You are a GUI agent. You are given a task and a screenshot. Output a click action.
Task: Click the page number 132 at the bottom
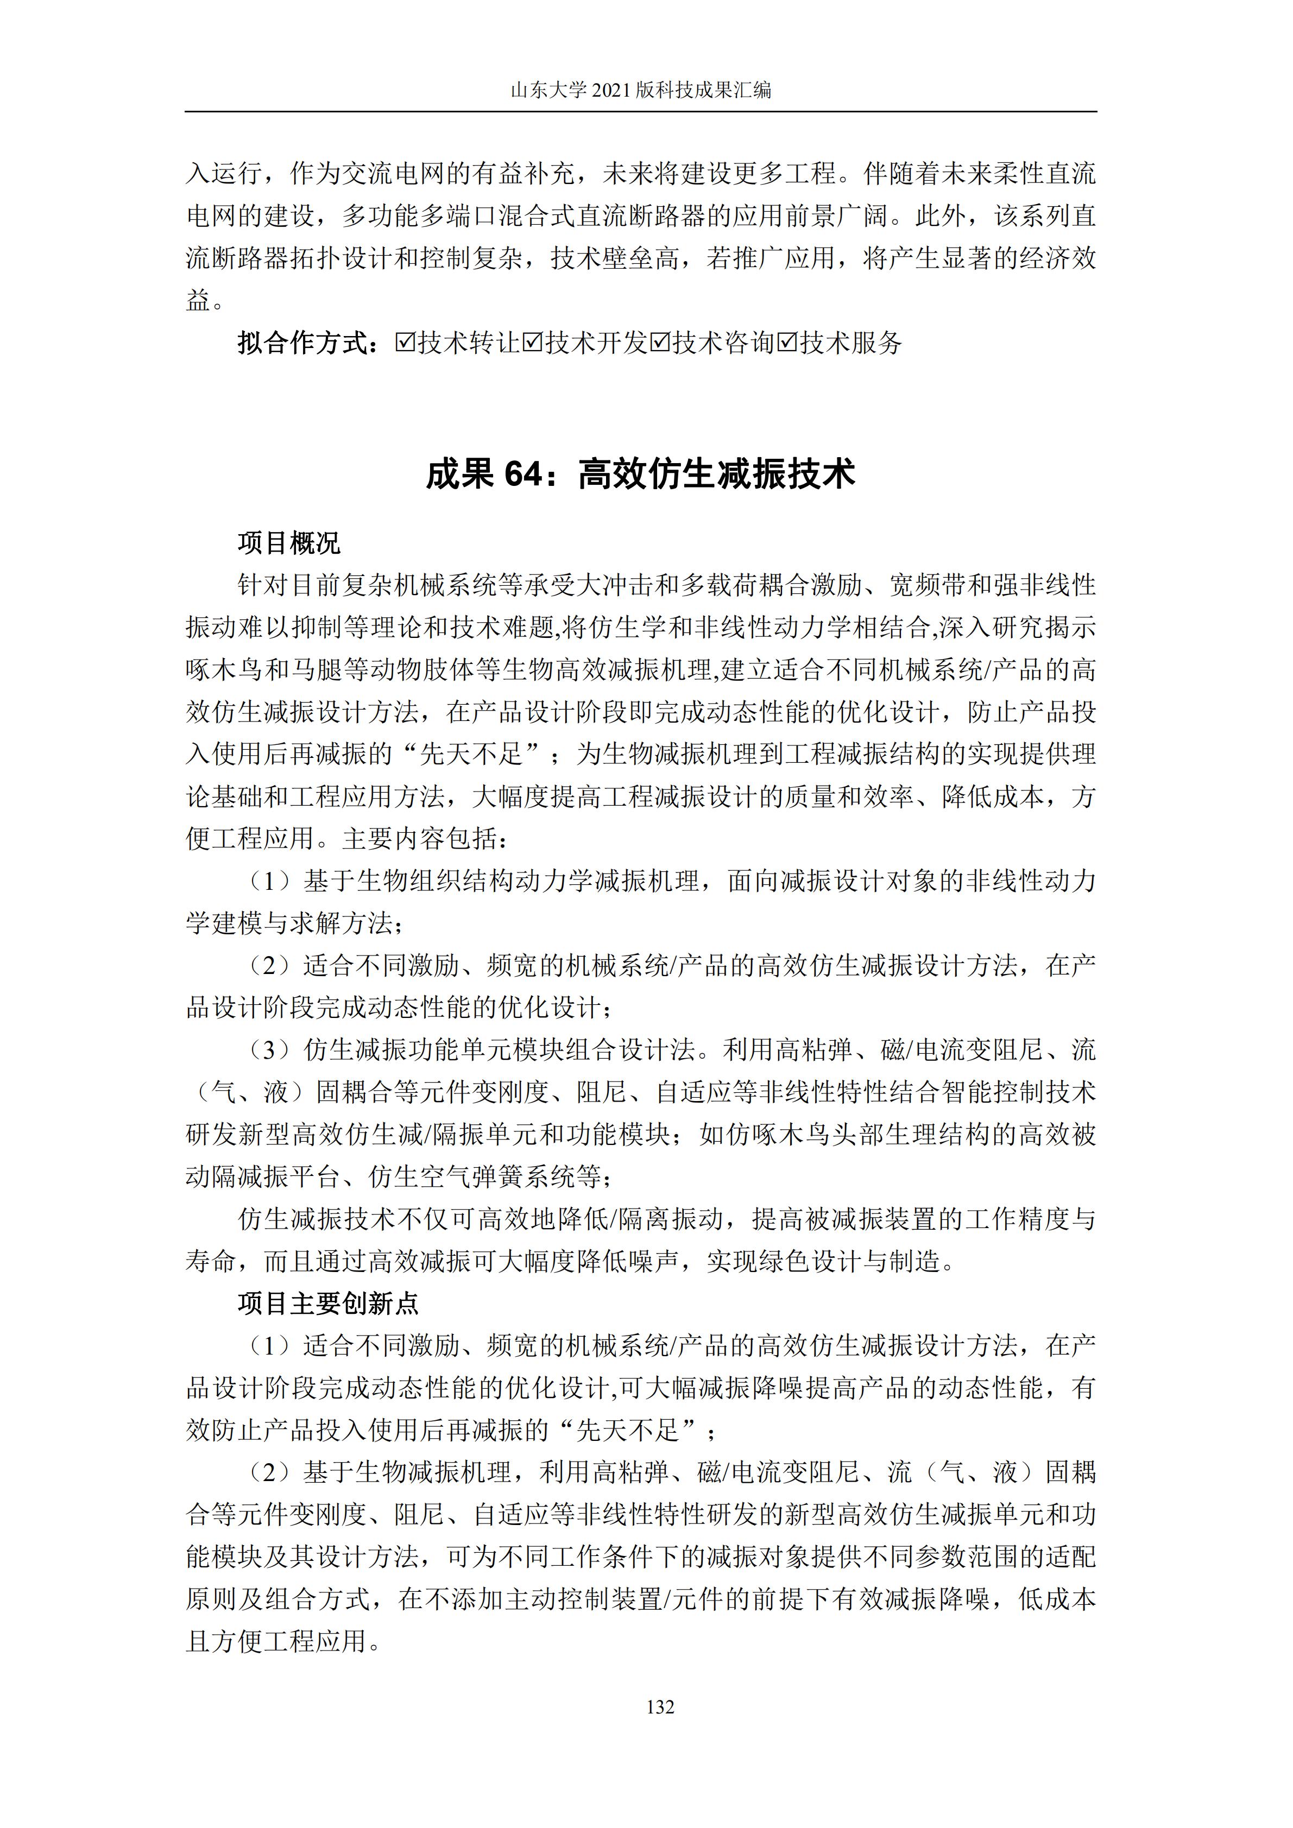pyautogui.click(x=661, y=1707)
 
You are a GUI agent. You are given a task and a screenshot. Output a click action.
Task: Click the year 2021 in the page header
pyautogui.click(x=611, y=90)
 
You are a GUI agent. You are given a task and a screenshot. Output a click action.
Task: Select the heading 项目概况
pyautogui.click(x=289, y=544)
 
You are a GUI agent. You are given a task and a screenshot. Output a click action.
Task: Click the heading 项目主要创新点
pyautogui.click(x=327, y=1304)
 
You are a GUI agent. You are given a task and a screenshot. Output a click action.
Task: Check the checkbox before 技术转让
pyautogui.click(x=405, y=343)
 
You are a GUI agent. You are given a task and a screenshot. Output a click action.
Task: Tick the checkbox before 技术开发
pyautogui.click(x=532, y=343)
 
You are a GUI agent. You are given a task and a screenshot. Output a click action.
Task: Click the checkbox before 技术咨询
pyautogui.click(x=659, y=343)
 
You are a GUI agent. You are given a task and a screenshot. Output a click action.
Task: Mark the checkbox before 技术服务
pyautogui.click(x=787, y=343)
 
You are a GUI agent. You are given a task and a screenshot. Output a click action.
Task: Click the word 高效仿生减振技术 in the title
pyautogui.click(x=717, y=475)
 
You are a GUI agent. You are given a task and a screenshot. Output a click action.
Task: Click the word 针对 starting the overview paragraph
pyautogui.click(x=263, y=586)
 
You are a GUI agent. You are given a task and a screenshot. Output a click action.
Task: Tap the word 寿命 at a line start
pyautogui.click(x=211, y=1261)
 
